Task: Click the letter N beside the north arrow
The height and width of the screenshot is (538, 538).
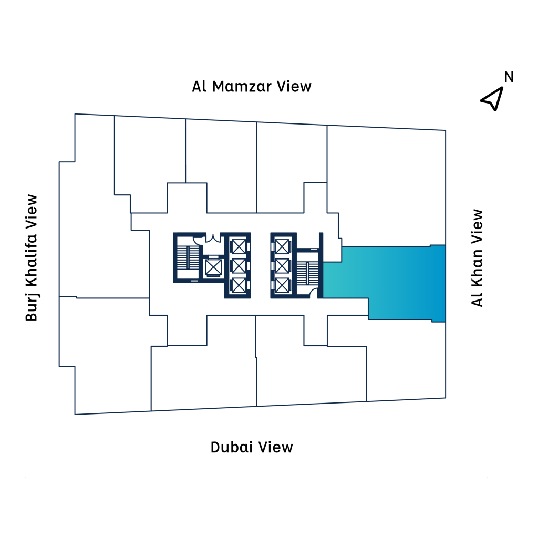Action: [x=509, y=77]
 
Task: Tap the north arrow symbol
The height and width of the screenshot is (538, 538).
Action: [x=492, y=98]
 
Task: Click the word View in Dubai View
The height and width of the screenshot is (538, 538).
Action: [x=276, y=447]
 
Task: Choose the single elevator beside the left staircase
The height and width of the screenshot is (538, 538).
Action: [x=213, y=267]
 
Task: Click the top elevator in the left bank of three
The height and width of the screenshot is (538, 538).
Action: [x=238, y=246]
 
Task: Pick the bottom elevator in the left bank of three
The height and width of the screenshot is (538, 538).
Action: [x=238, y=285]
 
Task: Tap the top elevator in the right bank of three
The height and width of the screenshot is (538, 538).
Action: [x=282, y=246]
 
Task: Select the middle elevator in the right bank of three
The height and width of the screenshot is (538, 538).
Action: [x=282, y=266]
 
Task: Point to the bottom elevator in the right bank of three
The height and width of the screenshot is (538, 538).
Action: [x=282, y=285]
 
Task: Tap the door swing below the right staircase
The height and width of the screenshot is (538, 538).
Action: [x=315, y=293]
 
